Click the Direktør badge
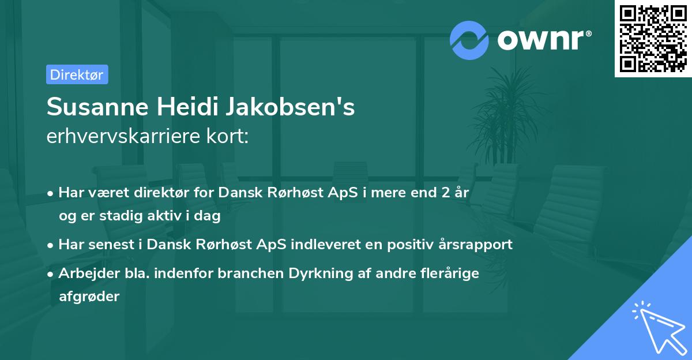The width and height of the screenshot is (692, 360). pos(77,74)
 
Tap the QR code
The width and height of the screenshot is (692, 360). pos(653,38)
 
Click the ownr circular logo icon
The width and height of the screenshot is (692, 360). pos(469,40)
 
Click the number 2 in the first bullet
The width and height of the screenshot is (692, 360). pos(445,193)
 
